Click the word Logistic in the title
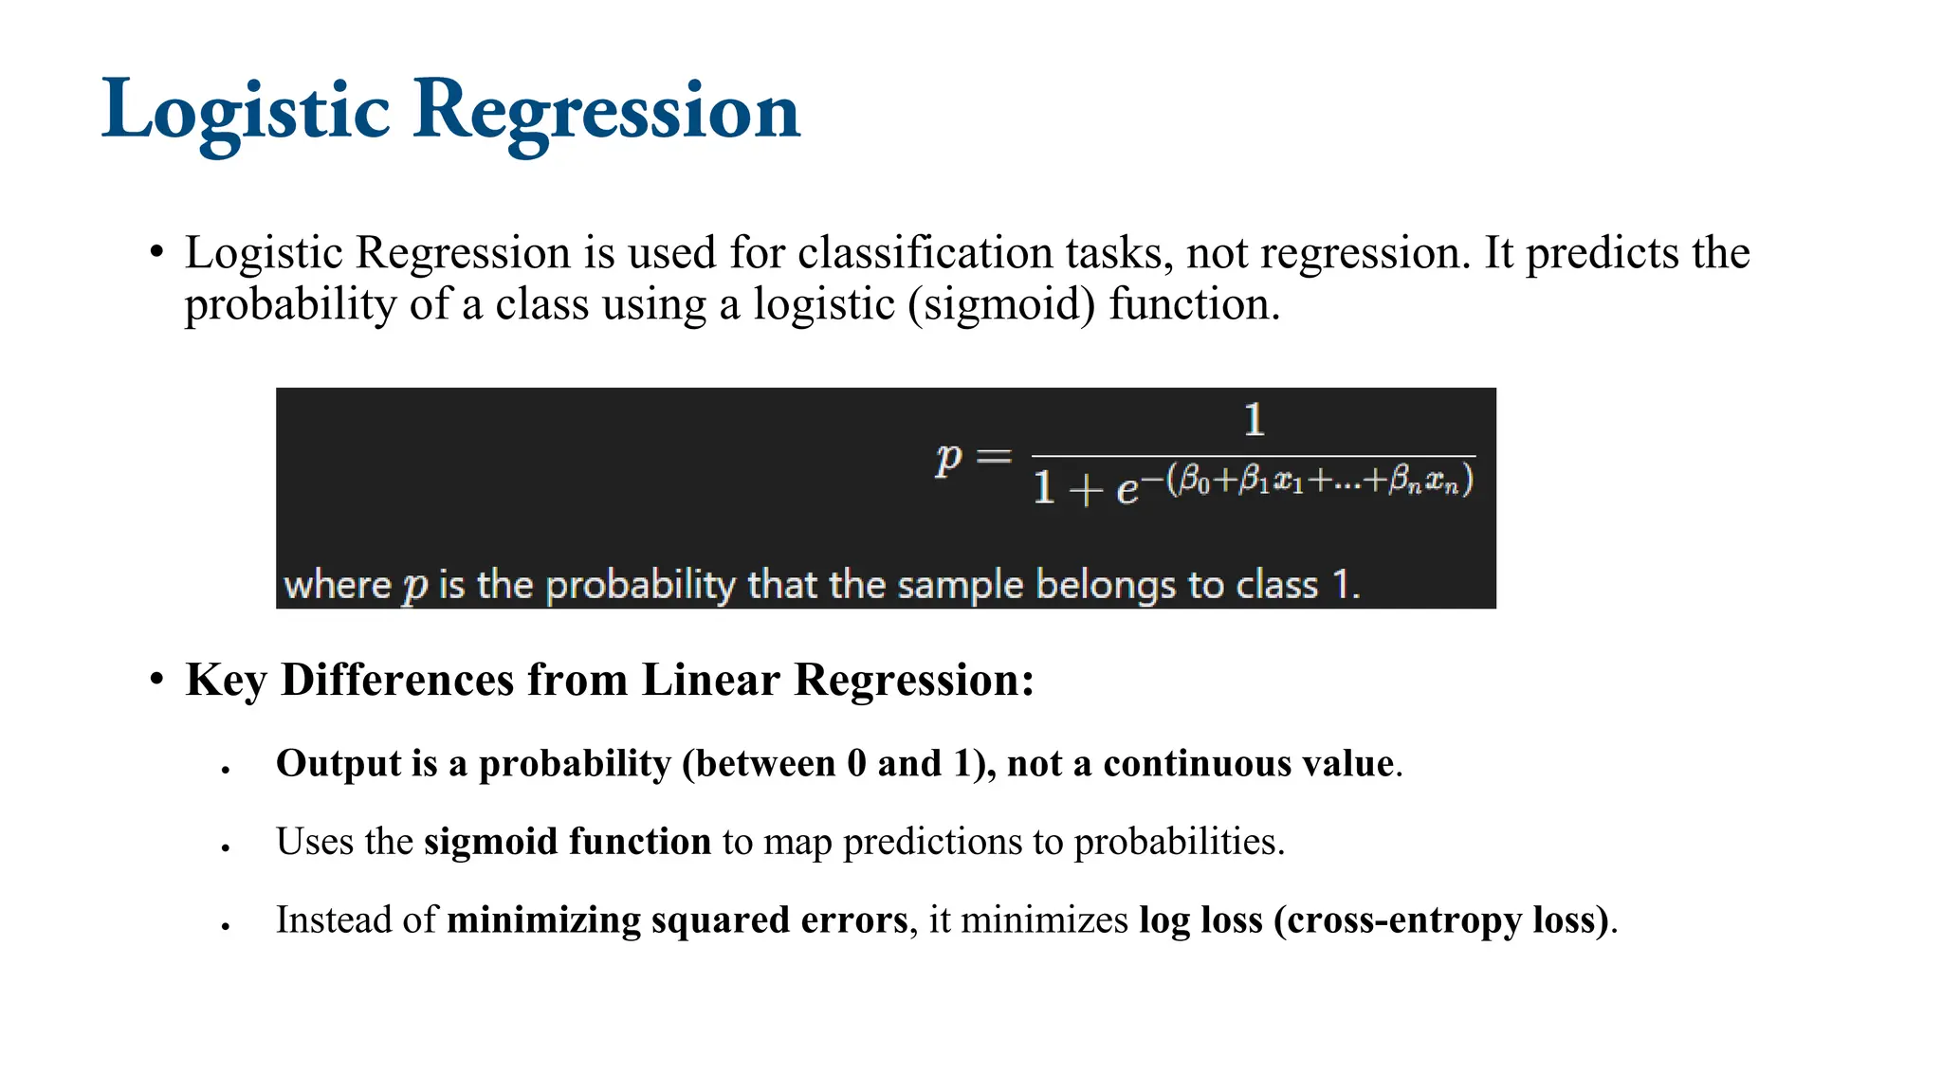pyautogui.click(x=246, y=112)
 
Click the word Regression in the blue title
pyautogui.click(x=607, y=112)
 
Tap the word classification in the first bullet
pyautogui.click(x=924, y=253)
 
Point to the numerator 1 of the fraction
pyautogui.click(x=1254, y=420)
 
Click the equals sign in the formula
pyautogui.click(x=993, y=458)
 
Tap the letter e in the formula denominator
pyautogui.click(x=1127, y=489)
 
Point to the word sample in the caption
pyautogui.click(x=960, y=585)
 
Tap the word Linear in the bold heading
pyautogui.click(x=710, y=680)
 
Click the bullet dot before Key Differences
pyautogui.click(x=156, y=680)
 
